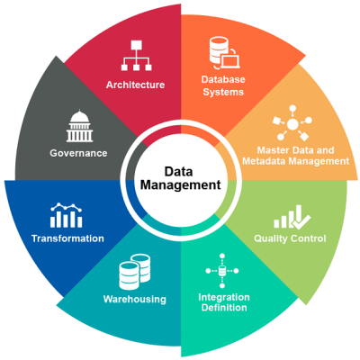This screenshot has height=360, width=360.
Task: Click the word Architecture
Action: (x=135, y=85)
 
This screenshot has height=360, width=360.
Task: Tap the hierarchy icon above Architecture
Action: (x=135, y=55)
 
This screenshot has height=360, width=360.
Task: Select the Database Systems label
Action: (x=222, y=85)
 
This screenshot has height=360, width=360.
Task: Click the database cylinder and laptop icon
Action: (x=222, y=52)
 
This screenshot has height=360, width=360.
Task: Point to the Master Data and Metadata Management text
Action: (x=296, y=155)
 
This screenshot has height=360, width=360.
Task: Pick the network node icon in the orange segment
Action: (x=294, y=121)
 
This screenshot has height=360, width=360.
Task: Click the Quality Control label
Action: (x=290, y=238)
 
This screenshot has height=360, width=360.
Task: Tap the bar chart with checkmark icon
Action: (x=292, y=216)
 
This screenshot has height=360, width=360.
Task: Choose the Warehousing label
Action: (x=135, y=299)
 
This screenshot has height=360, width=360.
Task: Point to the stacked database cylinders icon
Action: (x=135, y=270)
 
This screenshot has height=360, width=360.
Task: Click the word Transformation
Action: (x=67, y=238)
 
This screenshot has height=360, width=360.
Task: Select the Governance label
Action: (x=78, y=153)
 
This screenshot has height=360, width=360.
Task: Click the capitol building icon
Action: (x=79, y=126)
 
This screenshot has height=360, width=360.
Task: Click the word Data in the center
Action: (x=180, y=170)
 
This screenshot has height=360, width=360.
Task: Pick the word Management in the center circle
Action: (x=180, y=186)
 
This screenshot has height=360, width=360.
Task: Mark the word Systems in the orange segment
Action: (x=222, y=91)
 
